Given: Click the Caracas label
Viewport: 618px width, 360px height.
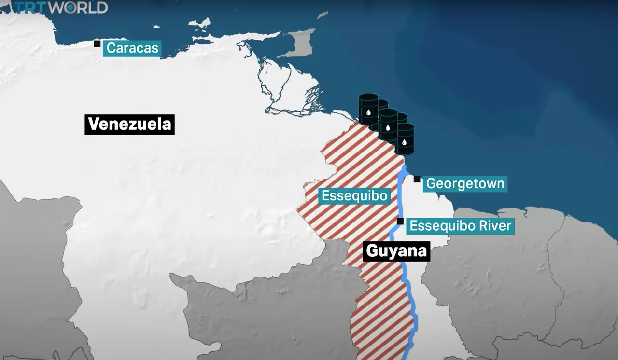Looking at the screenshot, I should tap(132, 48).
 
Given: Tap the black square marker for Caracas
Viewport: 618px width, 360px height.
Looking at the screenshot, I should tap(97, 43).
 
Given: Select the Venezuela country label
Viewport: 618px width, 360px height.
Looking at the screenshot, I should tap(129, 125).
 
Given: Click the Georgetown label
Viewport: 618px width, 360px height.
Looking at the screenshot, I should tap(465, 184).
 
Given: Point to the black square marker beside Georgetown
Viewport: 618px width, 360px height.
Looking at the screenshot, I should tap(417, 179).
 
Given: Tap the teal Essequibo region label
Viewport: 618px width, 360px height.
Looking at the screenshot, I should tap(354, 196).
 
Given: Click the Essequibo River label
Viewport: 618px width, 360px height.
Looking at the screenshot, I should tap(460, 225).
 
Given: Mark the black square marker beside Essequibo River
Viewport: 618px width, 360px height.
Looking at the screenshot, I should tap(400, 222).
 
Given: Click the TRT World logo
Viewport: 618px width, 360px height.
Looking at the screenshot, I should tap(60, 7).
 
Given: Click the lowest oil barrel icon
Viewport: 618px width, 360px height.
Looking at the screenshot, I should tap(405, 139).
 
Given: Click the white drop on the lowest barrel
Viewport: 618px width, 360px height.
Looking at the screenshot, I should tap(405, 142).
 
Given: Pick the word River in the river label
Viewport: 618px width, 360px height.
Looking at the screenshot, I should tap(493, 225).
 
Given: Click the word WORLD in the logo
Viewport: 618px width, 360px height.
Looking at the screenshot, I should tap(79, 7).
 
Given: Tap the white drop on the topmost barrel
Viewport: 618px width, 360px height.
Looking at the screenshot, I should tap(368, 113).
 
